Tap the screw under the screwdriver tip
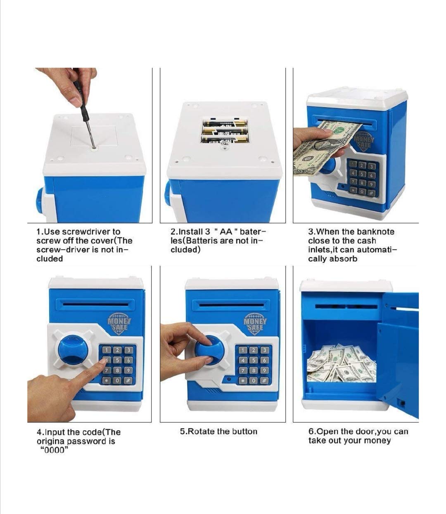click(x=94, y=149)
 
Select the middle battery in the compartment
click(x=224, y=132)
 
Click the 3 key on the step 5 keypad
click(x=264, y=350)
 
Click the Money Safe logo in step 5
click(x=255, y=323)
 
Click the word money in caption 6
click(x=377, y=441)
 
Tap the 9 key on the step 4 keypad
click(x=128, y=370)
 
